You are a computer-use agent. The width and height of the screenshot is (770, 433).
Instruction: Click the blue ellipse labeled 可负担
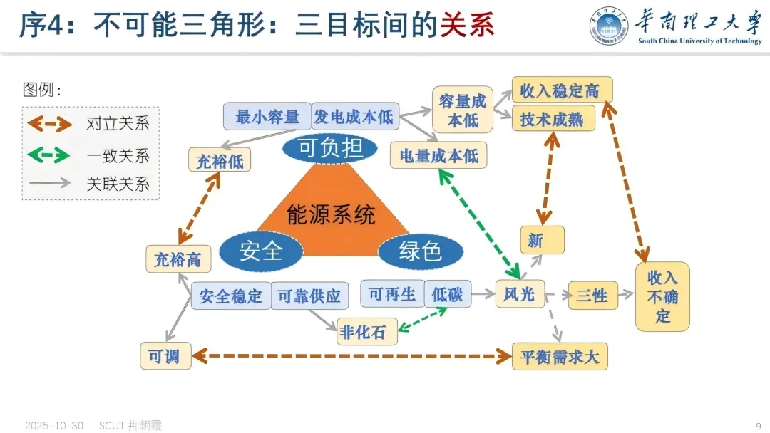(327, 147)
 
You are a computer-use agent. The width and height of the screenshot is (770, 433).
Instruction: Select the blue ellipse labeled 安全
(261, 250)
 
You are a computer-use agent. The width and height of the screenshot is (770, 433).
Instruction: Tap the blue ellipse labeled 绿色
(420, 251)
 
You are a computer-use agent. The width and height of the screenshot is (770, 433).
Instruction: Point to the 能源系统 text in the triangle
(330, 214)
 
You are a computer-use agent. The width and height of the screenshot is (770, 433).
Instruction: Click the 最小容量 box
(267, 116)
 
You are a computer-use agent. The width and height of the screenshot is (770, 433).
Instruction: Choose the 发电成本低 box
(354, 116)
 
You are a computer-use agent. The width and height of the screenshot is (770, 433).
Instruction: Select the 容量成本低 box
(463, 110)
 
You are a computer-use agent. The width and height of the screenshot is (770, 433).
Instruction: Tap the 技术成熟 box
(553, 119)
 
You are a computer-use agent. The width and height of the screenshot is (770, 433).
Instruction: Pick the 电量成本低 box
(438, 155)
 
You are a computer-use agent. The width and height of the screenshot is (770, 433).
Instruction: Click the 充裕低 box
(220, 161)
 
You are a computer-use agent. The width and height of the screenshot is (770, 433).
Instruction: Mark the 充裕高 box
(178, 259)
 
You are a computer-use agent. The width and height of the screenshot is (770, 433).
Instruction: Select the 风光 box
(520, 293)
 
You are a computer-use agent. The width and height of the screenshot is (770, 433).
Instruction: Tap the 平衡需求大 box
(560, 356)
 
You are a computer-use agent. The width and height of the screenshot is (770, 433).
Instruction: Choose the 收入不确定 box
(662, 296)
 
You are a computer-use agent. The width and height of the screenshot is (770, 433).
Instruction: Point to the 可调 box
(165, 356)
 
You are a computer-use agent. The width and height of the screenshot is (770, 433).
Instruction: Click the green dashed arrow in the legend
(49, 155)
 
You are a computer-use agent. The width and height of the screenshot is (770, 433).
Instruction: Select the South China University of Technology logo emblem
(610, 26)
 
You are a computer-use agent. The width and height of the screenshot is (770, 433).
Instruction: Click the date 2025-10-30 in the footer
(54, 426)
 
